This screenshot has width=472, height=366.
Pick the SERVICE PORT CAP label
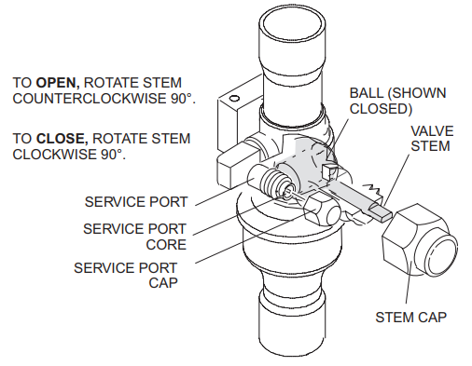(x=130, y=275)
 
